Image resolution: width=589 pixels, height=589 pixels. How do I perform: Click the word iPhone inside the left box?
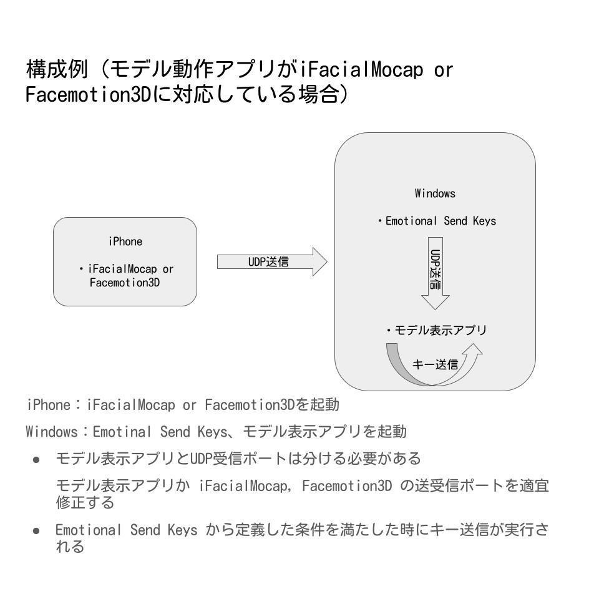125,241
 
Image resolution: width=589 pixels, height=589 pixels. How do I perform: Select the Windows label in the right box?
435,193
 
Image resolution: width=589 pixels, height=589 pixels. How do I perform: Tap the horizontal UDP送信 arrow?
271,262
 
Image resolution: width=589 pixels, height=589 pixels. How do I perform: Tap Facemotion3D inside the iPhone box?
125,283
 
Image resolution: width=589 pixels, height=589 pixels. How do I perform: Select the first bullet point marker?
37,460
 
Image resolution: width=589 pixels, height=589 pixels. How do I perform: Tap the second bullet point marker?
37,531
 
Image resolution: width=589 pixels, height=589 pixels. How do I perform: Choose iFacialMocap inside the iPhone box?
123,269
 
